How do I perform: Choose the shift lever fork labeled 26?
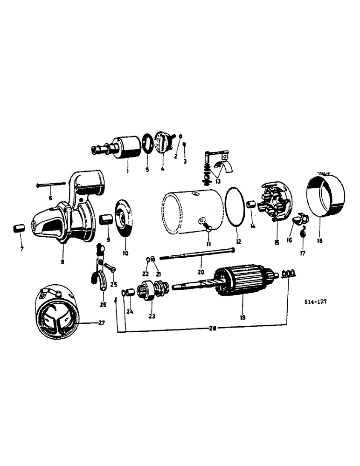pos(99,270)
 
